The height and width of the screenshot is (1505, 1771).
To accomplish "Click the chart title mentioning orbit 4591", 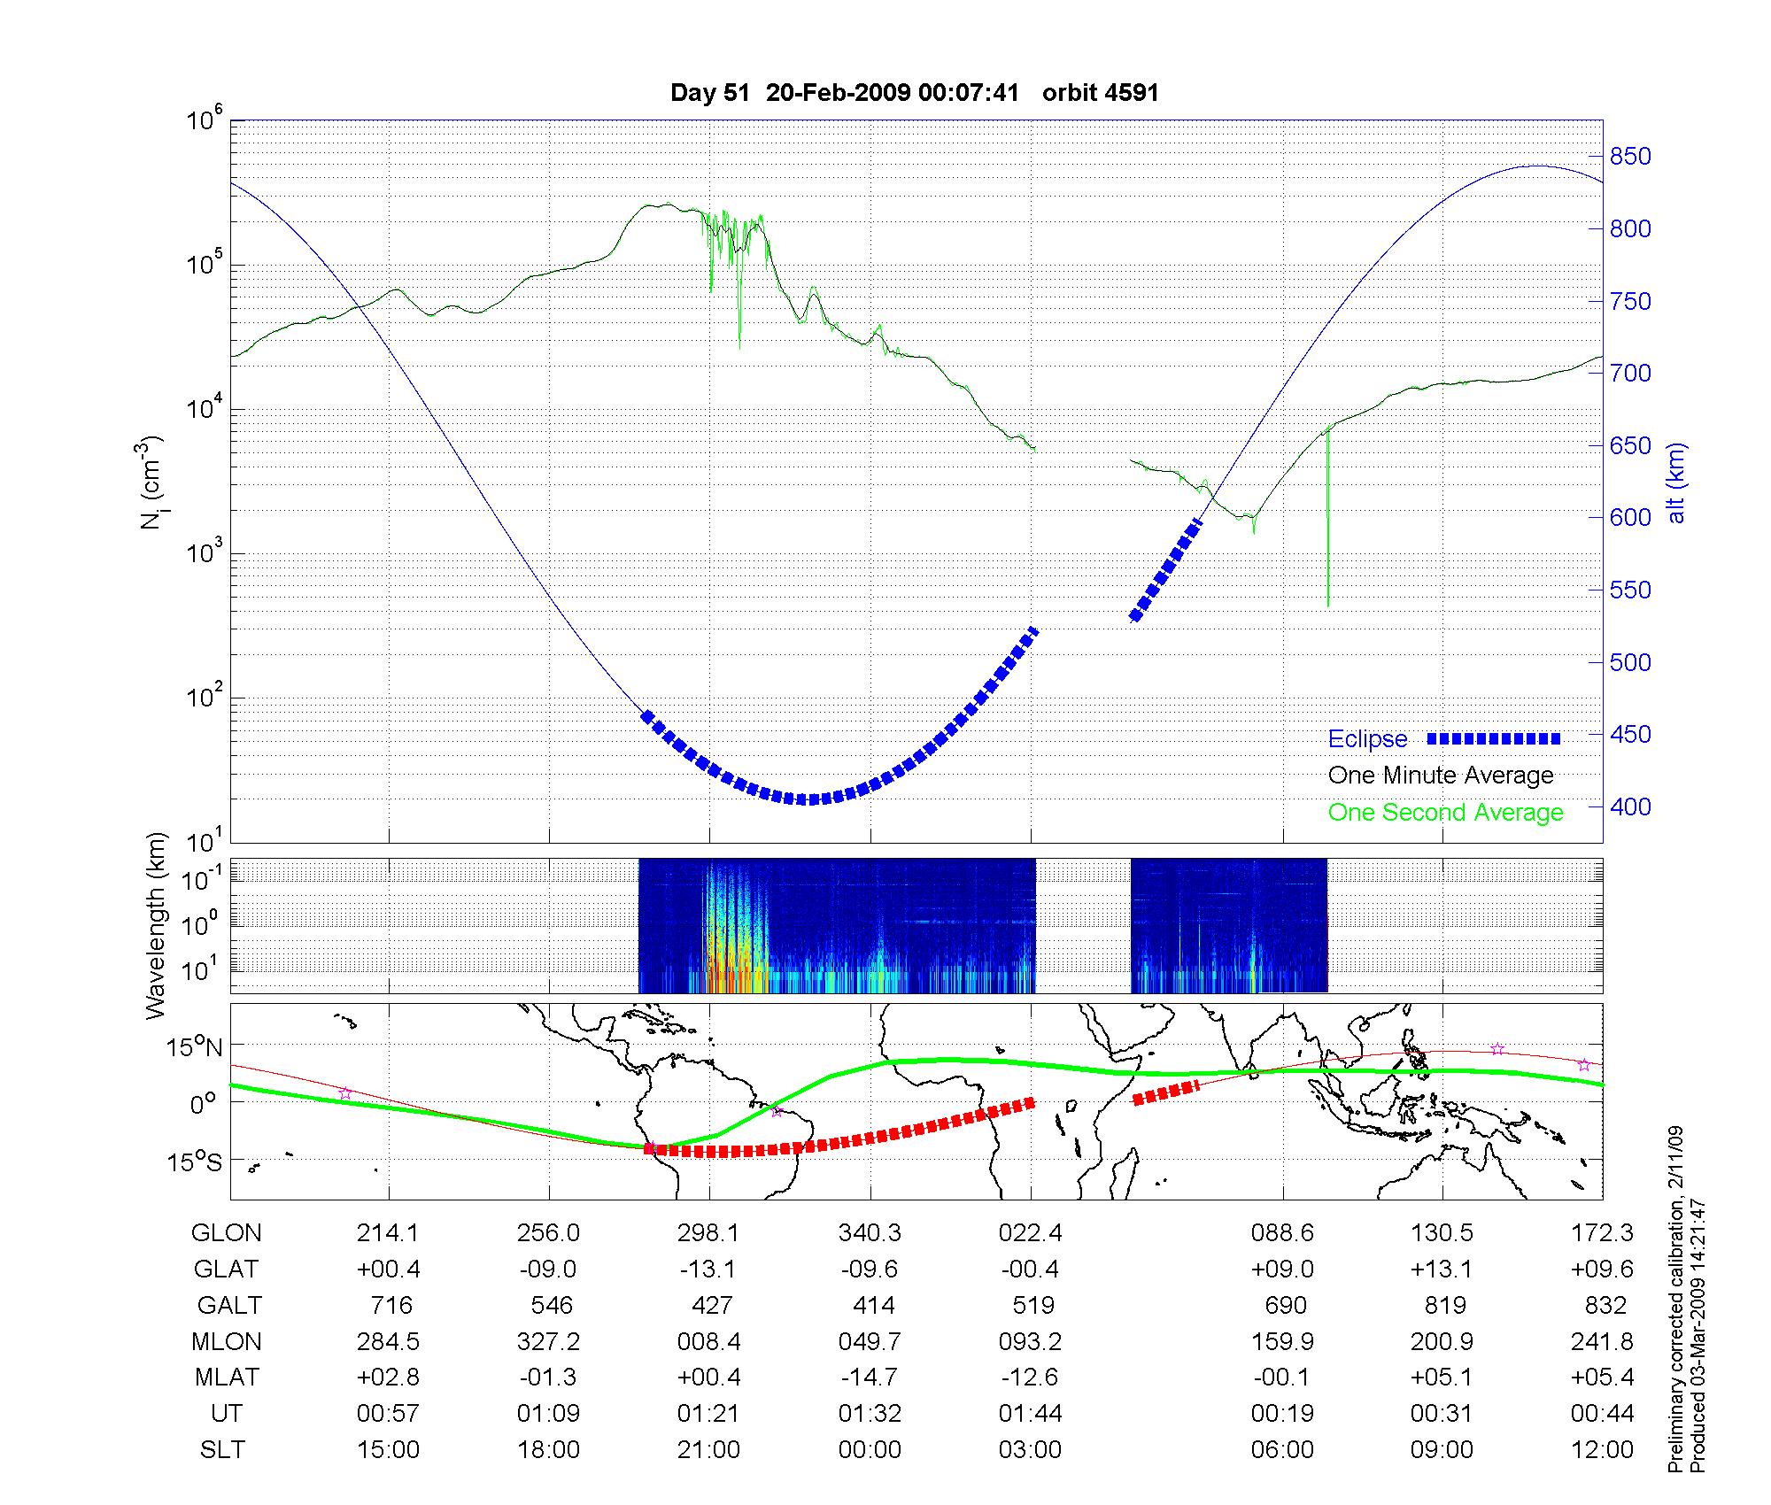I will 915,93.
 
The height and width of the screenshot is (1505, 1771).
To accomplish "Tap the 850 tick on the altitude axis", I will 1629,157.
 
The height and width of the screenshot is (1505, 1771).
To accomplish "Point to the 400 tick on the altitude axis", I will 1629,807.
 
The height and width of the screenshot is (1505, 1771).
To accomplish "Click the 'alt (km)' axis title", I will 1676,482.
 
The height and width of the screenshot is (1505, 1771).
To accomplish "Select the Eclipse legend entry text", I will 1367,739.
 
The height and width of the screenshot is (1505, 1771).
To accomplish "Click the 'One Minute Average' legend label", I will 1441,776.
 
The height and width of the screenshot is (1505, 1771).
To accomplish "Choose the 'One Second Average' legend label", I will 1445,813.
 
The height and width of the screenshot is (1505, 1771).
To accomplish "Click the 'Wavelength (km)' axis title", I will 156,925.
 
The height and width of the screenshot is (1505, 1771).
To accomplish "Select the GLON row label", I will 227,1233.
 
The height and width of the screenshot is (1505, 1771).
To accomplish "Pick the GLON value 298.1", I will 709,1233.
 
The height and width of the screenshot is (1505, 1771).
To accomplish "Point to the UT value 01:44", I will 1031,1414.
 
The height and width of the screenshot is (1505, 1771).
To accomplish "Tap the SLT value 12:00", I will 1602,1450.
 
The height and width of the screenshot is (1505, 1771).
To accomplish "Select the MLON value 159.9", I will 1282,1342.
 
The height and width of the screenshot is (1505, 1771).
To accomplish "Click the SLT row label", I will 222,1450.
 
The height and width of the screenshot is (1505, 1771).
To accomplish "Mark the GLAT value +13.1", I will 1442,1270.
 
